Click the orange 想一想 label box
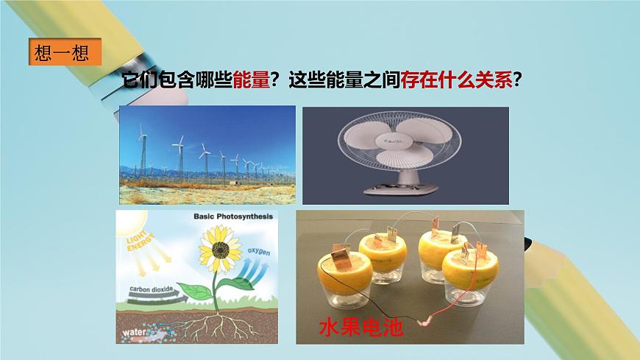(62, 54)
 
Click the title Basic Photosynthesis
(232, 216)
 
